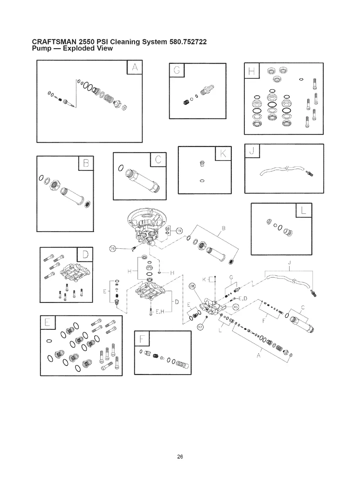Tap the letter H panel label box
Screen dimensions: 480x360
(251, 71)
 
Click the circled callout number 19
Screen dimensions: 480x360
(179, 230)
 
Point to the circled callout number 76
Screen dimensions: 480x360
(112, 249)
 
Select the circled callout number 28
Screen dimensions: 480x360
(192, 286)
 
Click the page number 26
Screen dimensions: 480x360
(180, 457)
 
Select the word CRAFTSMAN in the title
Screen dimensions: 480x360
(55, 42)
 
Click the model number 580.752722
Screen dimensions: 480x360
(185, 42)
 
